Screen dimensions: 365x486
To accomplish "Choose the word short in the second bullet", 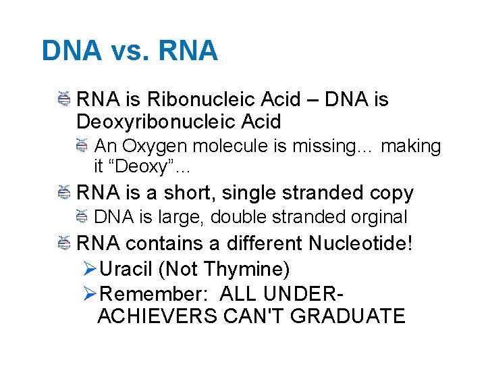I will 192,193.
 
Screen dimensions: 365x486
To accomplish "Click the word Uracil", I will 126,269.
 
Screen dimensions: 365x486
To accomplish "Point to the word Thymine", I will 246,269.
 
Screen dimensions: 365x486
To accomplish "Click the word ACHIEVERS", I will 162,316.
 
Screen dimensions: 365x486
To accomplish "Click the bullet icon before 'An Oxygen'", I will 81,145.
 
